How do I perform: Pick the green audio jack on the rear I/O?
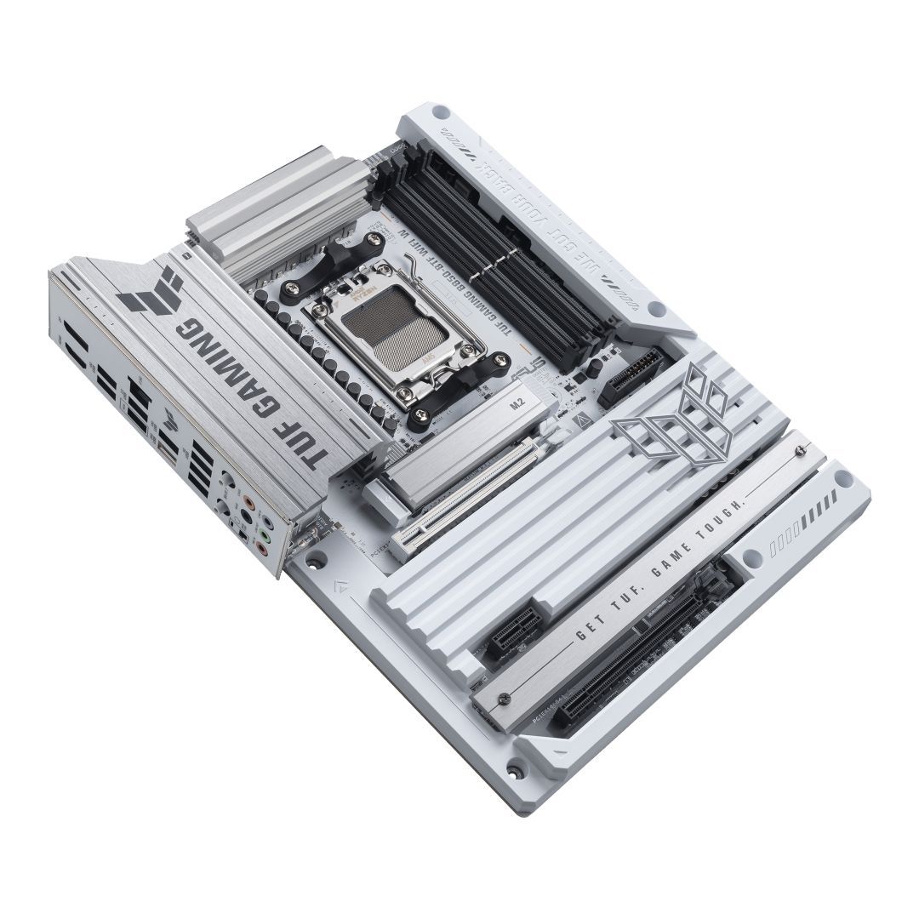(265, 537)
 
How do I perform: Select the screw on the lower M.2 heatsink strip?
(503, 699)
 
